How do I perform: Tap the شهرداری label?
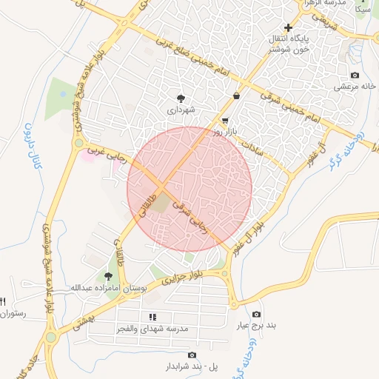pos(180,110)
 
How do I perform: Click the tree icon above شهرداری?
pos(180,98)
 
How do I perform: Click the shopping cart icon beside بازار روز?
pos(225,121)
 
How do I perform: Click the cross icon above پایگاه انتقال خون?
pos(288,27)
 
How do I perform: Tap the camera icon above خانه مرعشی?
pos(355,76)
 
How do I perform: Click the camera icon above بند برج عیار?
pos(256,315)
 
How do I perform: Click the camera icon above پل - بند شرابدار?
pos(192,355)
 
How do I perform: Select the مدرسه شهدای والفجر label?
pos(153,328)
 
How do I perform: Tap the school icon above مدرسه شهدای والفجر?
pos(153,317)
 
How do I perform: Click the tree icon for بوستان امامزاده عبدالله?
pos(108,275)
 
